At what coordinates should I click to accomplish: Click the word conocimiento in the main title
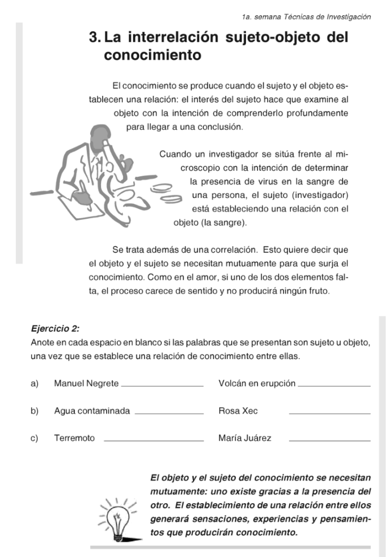coord(153,55)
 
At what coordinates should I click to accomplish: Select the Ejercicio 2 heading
coord(55,329)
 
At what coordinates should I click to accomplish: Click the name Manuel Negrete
coord(86,383)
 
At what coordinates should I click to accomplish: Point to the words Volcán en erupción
coord(257,383)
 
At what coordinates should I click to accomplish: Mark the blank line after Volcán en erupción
coord(335,386)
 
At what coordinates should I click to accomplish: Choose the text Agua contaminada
coord(92,411)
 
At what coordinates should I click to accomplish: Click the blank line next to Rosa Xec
coord(330,413)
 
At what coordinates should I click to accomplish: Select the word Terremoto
coord(74,438)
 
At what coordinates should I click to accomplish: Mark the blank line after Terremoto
coord(153,441)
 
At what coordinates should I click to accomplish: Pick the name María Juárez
coord(245,438)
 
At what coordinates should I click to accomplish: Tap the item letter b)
coord(35,411)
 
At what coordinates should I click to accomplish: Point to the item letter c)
coord(35,438)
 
